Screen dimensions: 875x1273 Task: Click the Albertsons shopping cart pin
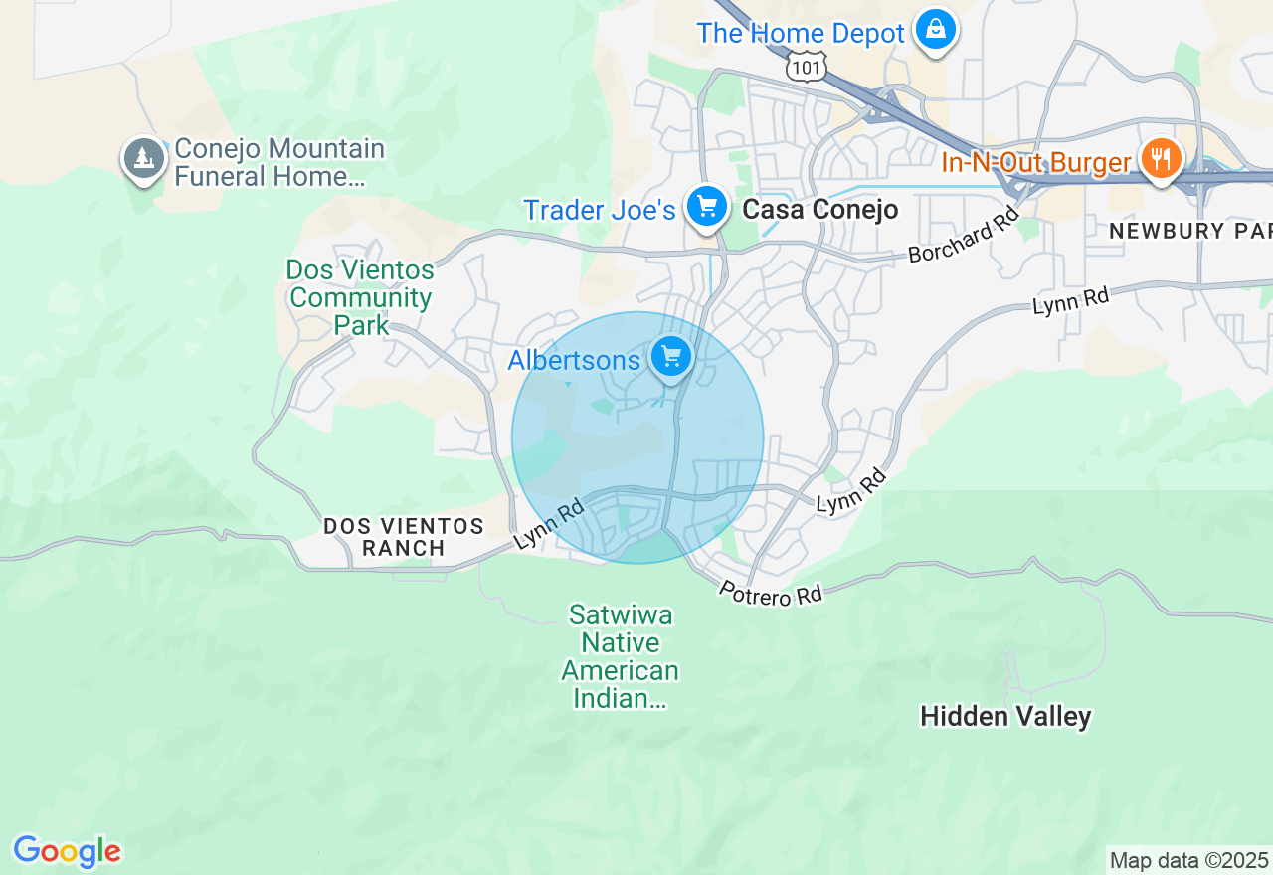(x=671, y=355)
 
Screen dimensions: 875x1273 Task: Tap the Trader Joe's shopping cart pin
(x=707, y=207)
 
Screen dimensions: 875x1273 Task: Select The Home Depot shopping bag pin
(x=936, y=30)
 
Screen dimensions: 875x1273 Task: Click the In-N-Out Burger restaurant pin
(x=1160, y=157)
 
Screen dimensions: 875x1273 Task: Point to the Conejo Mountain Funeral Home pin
(x=144, y=158)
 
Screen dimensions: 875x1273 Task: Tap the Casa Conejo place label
(x=820, y=210)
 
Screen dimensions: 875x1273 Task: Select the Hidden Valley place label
(x=1005, y=717)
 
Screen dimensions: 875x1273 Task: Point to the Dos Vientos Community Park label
(x=359, y=297)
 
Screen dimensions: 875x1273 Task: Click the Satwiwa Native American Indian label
(x=621, y=656)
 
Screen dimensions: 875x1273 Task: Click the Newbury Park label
(x=1189, y=231)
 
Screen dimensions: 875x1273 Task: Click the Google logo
(x=67, y=852)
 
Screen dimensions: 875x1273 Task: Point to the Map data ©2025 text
(x=1188, y=860)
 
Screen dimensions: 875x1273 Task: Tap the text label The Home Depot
(x=801, y=33)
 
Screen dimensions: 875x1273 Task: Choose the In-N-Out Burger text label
(x=1035, y=162)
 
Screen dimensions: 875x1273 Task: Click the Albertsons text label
(x=574, y=360)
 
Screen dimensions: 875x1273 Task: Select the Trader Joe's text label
(x=599, y=210)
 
